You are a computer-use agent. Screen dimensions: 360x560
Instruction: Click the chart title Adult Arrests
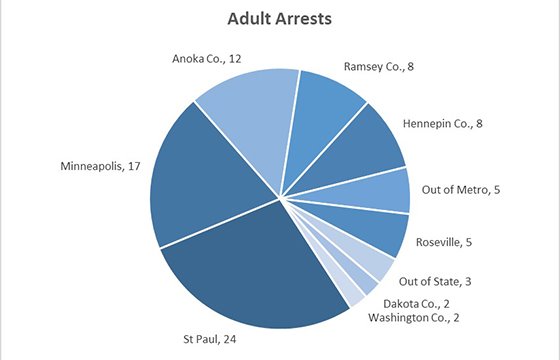click(279, 19)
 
